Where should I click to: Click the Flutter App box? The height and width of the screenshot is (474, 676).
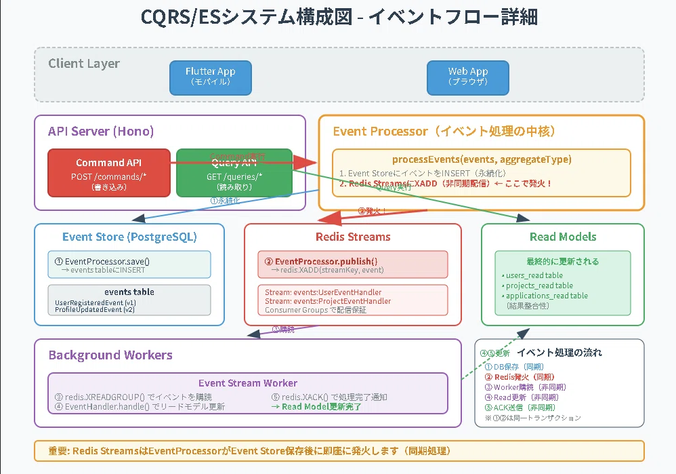point(211,77)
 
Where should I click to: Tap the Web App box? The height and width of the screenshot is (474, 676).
point(468,77)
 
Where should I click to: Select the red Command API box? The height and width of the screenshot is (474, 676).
point(109,174)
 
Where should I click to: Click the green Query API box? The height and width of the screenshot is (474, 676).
point(234,174)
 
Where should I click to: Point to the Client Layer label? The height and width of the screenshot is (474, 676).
point(84,64)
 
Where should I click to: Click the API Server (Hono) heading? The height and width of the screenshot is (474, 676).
point(101,131)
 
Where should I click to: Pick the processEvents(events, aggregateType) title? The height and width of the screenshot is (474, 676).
point(482,159)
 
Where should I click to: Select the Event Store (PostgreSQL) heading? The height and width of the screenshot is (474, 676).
point(129,237)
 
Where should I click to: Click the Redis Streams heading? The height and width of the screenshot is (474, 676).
point(353,237)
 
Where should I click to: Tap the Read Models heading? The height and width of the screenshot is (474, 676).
point(563,237)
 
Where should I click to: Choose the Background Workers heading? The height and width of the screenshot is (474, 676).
point(110,355)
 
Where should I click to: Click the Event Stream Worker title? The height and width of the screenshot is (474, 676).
point(248,382)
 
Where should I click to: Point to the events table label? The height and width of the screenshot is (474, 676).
point(129,292)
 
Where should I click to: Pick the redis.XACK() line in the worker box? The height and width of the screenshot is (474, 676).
point(329,397)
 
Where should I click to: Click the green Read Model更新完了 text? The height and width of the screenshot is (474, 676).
point(316,407)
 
